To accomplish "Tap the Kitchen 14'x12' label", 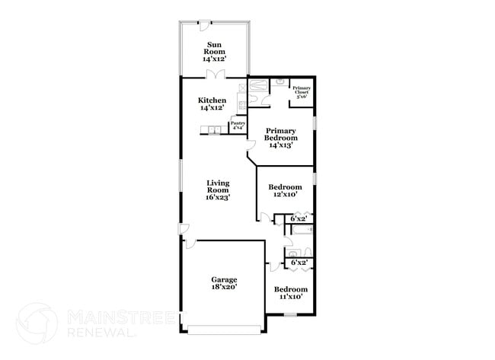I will click(x=212, y=104).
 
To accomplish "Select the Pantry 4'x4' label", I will click(x=238, y=125).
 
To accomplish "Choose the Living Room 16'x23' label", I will click(x=217, y=189).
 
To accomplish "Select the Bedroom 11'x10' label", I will click(x=290, y=292).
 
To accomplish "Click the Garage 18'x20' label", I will click(x=224, y=284).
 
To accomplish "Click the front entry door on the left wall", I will click(x=184, y=229).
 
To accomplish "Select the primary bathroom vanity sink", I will click(x=279, y=81).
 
